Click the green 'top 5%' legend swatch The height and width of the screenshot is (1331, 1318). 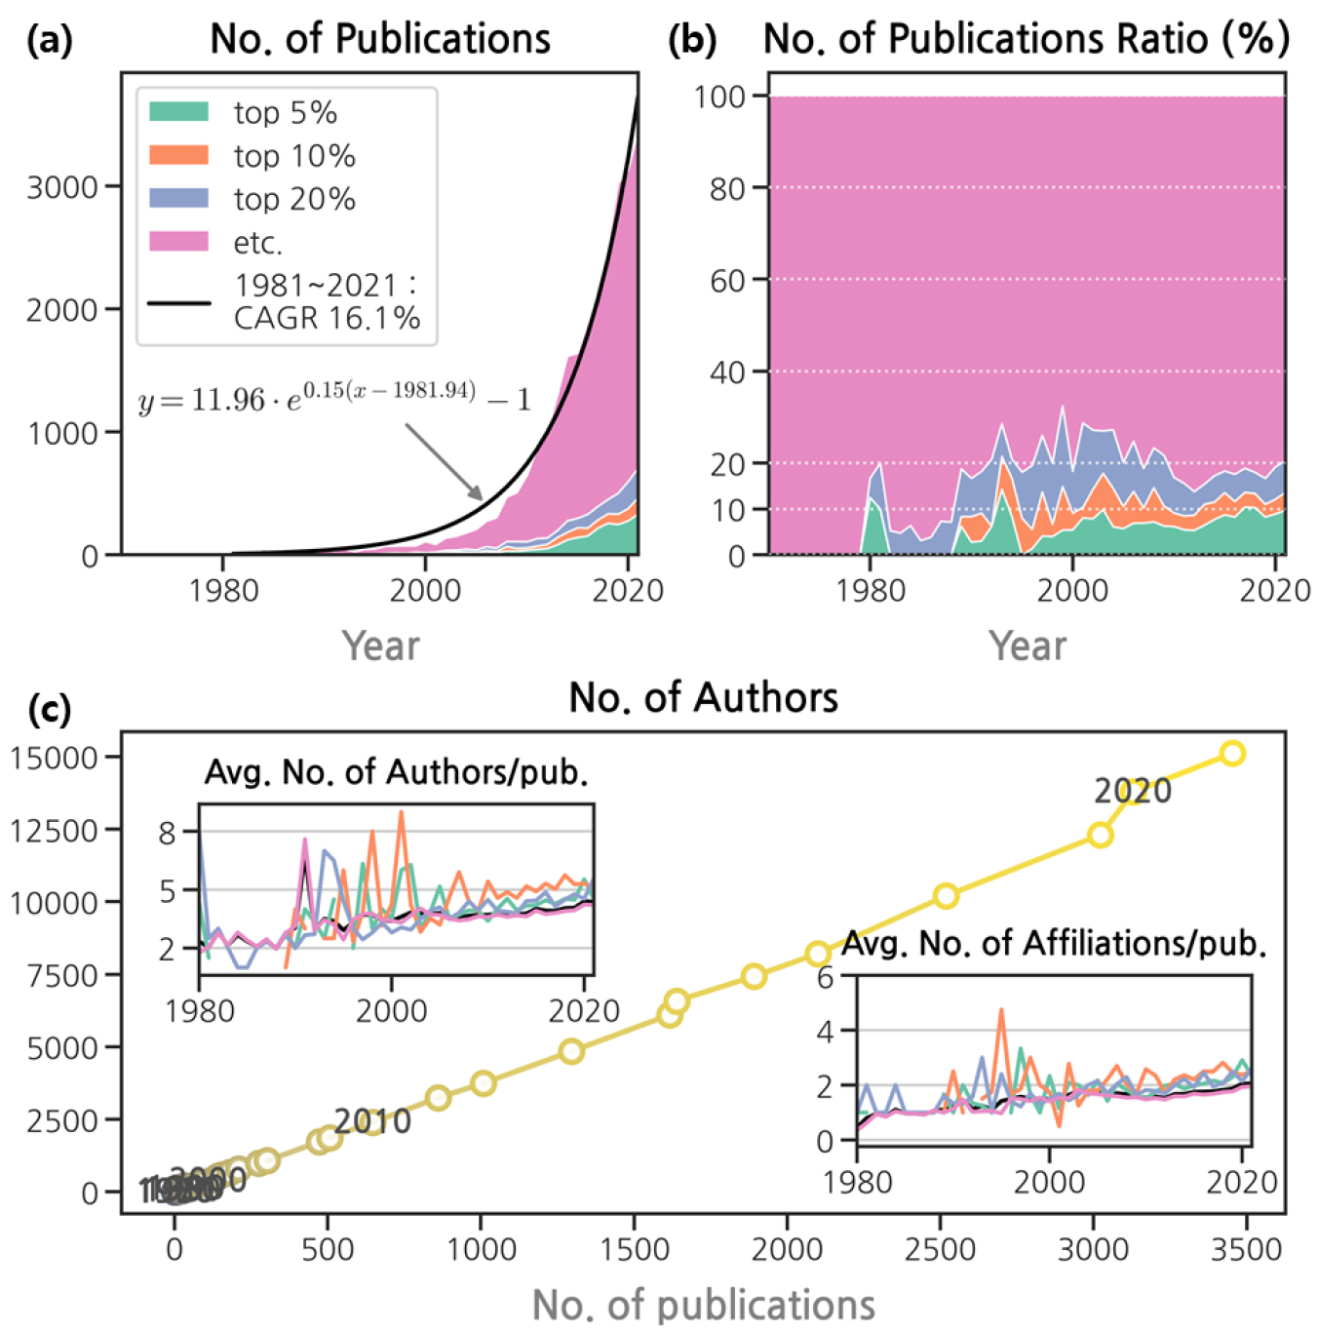coord(178,111)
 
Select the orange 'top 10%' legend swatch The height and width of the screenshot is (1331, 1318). coord(178,155)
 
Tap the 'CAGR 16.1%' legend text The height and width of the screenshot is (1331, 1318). coord(327,318)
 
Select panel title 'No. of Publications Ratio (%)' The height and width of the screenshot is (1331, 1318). coord(1026,39)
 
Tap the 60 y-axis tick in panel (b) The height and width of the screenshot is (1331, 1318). coord(726,280)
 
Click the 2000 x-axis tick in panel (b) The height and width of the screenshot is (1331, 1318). coord(1072,590)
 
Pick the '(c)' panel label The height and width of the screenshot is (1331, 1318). coord(50,709)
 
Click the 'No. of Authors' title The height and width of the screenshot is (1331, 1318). coord(703,698)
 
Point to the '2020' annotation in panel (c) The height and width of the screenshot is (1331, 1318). coord(1132,791)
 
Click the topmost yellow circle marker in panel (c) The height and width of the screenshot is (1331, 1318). coord(1232,753)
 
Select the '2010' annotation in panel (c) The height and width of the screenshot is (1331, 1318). coord(372,1121)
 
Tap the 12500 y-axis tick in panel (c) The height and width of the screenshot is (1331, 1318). coord(54,830)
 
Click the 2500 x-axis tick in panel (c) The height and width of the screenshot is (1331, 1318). coord(940,1249)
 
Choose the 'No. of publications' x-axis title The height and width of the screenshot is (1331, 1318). coord(703,1305)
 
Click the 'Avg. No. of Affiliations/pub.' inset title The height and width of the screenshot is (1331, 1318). coord(1054,943)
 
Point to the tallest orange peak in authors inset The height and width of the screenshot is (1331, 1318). coord(401,812)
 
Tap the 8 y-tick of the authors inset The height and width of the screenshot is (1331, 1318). coord(167,833)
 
